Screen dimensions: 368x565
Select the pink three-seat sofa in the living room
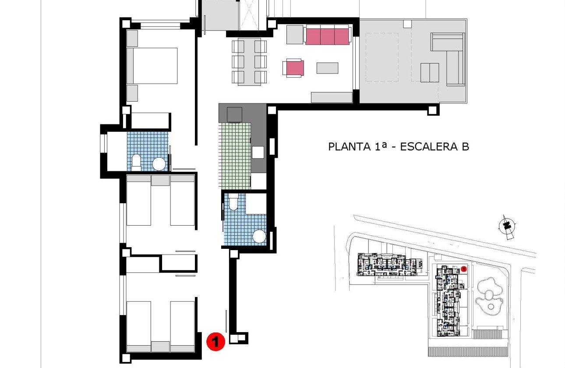[x=327, y=35]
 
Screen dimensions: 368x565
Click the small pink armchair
[x=293, y=68]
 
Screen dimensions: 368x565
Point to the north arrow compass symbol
[x=507, y=226]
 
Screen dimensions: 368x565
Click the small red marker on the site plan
[x=464, y=268]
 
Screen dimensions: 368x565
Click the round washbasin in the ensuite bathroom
[x=159, y=164]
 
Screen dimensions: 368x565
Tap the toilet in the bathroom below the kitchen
[x=233, y=202]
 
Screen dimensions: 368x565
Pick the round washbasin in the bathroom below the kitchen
[x=260, y=237]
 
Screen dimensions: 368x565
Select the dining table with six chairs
[x=249, y=62]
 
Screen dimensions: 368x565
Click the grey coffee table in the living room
[x=328, y=68]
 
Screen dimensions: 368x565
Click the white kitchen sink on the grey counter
[x=258, y=152]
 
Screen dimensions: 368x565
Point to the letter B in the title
[x=465, y=146]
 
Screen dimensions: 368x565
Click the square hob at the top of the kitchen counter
[x=234, y=114]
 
